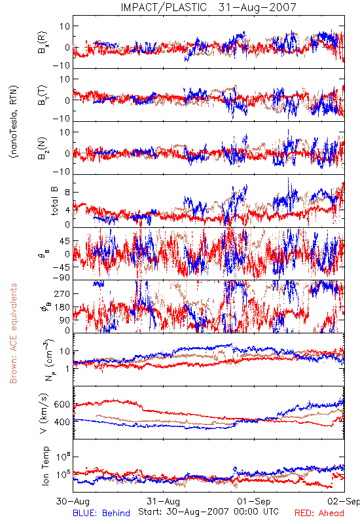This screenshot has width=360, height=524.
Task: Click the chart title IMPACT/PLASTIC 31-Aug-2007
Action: pyautogui.click(x=208, y=7)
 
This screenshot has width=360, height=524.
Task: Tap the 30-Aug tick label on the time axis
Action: pyautogui.click(x=73, y=501)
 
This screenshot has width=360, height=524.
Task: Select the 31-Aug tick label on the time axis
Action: pyautogui.click(x=163, y=501)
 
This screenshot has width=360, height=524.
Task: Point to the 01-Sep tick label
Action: pyautogui.click(x=254, y=501)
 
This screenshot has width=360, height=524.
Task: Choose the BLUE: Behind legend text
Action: pyautogui.click(x=101, y=513)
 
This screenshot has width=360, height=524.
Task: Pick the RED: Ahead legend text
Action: pyautogui.click(x=319, y=513)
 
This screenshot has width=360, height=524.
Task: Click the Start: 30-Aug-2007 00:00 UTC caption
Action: pyautogui.click(x=208, y=512)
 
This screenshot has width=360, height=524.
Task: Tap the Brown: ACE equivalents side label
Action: pyautogui.click(x=13, y=333)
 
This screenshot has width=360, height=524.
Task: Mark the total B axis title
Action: pyautogui.click(x=54, y=201)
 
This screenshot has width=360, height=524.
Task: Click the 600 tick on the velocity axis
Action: pyautogui.click(x=62, y=404)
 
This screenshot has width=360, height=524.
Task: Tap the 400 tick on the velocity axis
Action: pyautogui.click(x=62, y=422)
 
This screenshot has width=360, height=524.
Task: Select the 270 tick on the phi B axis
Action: pyautogui.click(x=62, y=293)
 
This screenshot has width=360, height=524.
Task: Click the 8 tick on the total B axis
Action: pyautogui.click(x=67, y=193)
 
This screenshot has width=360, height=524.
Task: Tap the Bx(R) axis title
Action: pyautogui.click(x=43, y=43)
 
